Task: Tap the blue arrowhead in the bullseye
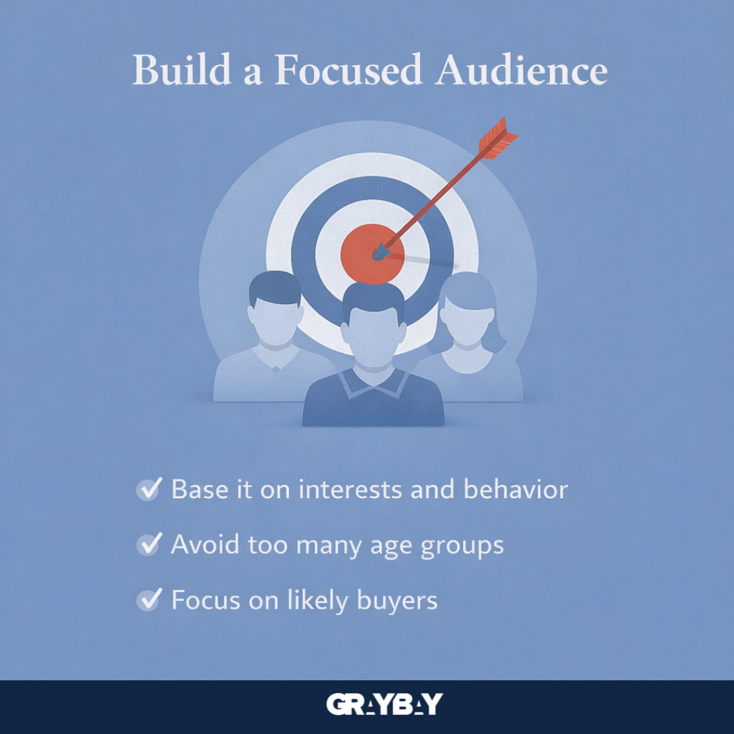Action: (x=378, y=253)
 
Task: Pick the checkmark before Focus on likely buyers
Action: (x=149, y=599)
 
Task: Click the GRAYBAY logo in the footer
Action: (x=384, y=705)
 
